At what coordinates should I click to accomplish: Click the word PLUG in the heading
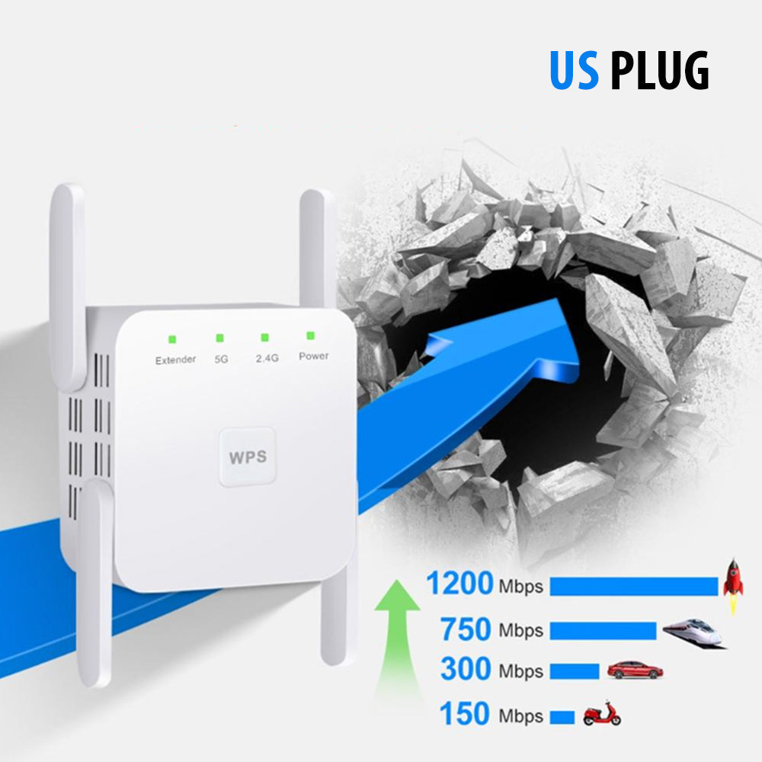point(660,71)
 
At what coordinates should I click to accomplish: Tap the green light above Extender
point(174,339)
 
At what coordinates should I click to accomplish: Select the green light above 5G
point(220,338)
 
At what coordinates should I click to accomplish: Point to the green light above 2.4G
point(265,337)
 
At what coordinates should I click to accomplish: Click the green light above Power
point(311,335)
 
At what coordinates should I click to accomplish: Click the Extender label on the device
point(175,360)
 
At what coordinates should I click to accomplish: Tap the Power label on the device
point(313,356)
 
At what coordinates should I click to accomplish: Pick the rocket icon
point(733,585)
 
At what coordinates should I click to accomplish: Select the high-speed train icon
point(693,632)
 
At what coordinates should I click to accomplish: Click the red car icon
point(635,671)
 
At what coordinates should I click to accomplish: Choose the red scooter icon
point(602,714)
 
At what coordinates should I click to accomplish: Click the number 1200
point(459,584)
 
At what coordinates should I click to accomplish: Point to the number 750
point(466,629)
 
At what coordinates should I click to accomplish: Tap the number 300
point(466,669)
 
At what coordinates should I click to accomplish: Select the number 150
point(464,715)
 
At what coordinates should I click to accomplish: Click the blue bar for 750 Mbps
point(603,631)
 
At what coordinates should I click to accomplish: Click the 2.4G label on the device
point(267,357)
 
